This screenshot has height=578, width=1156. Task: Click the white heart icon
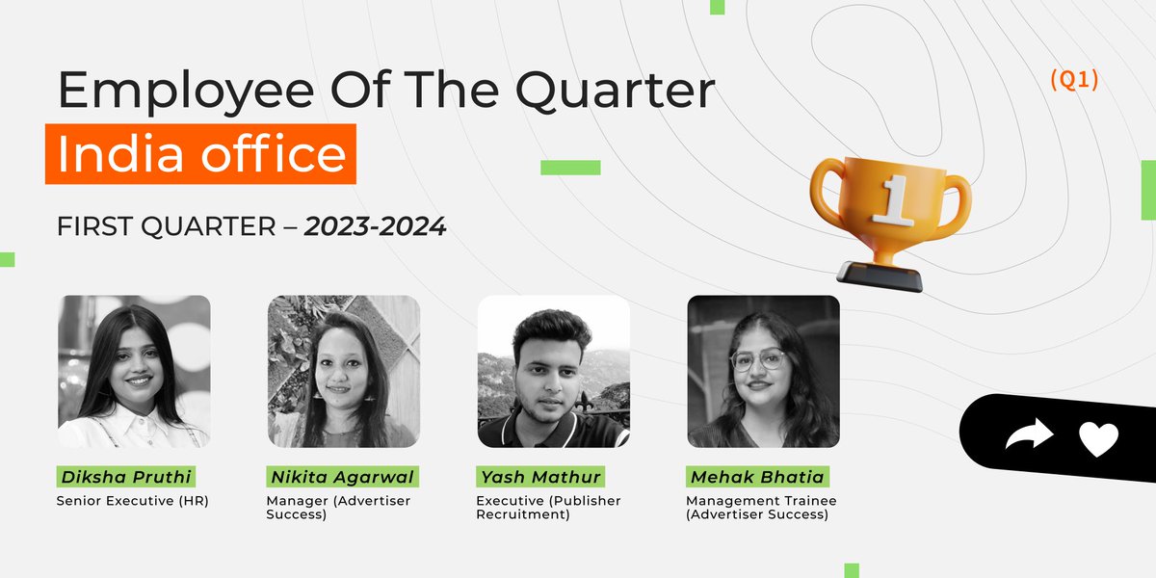point(1098,439)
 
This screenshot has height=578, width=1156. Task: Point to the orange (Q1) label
point(1074,81)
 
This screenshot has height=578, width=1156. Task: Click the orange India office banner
point(200,154)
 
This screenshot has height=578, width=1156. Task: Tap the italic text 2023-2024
point(376,227)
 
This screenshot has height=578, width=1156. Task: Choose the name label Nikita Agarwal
point(343,477)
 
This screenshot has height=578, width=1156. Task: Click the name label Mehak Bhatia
point(757,477)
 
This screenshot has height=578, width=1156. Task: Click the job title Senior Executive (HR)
point(133,501)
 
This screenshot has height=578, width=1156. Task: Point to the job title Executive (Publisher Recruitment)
point(548,508)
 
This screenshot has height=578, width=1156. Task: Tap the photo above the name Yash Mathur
point(554,372)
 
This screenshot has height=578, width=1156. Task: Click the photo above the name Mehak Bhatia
point(763,372)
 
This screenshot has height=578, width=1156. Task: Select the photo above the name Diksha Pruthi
point(134,372)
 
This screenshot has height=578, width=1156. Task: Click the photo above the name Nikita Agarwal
point(344,372)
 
